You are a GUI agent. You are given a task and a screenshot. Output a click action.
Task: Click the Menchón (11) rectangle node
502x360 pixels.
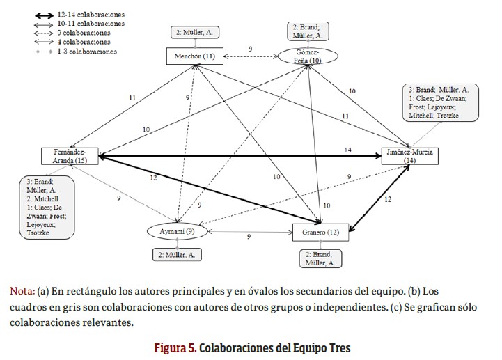pos(189,56)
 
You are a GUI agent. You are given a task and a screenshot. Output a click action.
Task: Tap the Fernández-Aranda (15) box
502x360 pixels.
pos(70,155)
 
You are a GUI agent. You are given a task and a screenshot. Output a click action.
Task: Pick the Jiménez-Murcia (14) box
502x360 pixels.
pos(409,157)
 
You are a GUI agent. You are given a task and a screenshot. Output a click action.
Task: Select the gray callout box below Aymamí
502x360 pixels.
pos(178,255)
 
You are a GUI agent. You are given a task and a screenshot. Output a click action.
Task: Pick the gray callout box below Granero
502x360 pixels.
pos(320,258)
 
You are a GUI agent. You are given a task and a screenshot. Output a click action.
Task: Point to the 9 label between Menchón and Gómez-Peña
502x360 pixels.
pos(250,49)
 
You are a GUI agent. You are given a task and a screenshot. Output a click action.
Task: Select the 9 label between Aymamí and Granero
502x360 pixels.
pos(249,237)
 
